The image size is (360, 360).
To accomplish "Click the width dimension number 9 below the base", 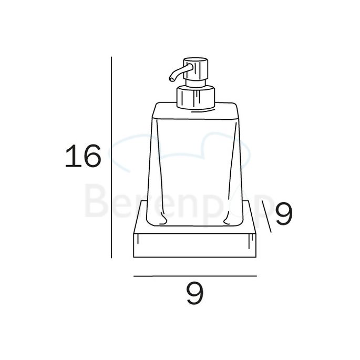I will click(x=194, y=293).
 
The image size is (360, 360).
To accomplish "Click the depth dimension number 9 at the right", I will click(x=283, y=214).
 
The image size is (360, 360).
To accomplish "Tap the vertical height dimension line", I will click(x=111, y=158).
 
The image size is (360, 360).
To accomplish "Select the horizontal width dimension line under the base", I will click(x=194, y=275).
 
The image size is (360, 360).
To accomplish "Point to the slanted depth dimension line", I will click(x=266, y=218).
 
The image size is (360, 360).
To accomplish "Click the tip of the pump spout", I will click(x=171, y=79).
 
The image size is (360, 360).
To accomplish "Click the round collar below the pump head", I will click(x=196, y=97).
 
